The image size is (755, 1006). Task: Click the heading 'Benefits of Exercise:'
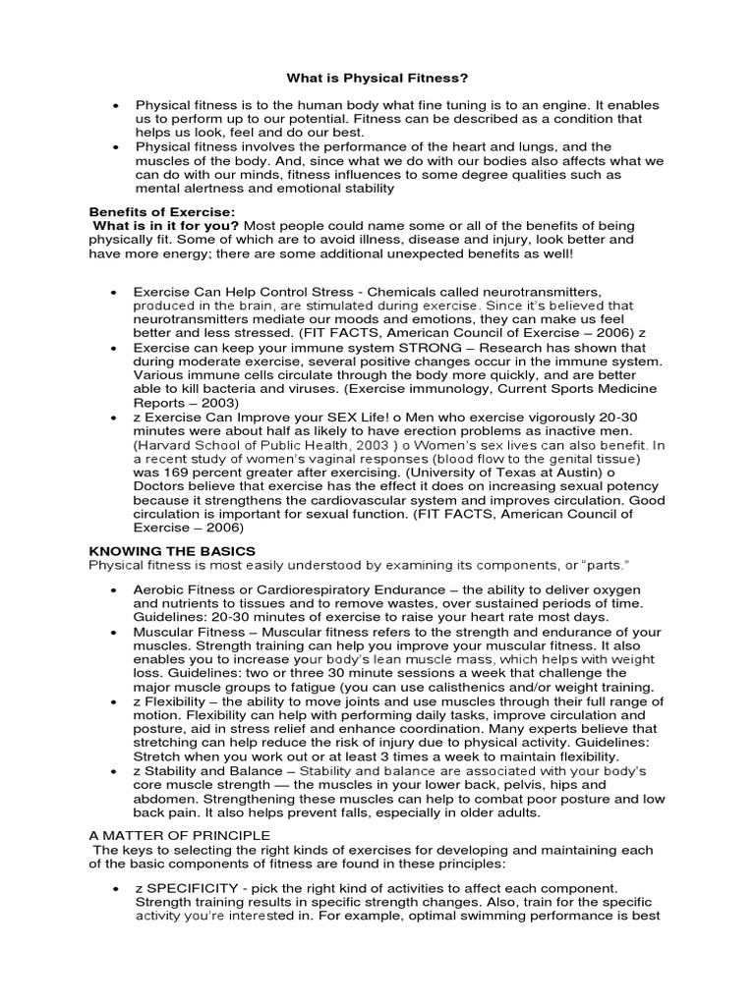(x=162, y=211)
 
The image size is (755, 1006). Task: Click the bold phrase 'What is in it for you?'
(x=165, y=226)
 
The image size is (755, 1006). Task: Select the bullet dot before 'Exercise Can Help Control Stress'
(x=116, y=293)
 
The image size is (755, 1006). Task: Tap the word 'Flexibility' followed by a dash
(x=186, y=701)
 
